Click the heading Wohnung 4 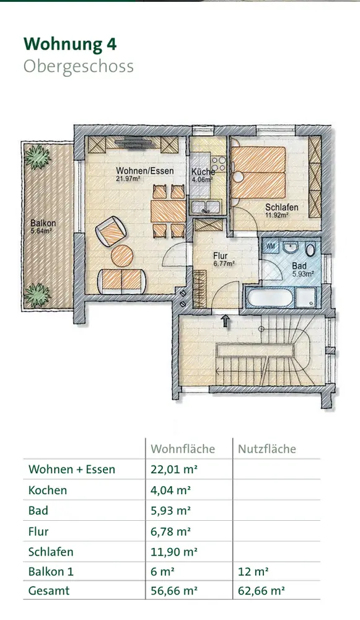coord(71,44)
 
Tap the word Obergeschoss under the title coord(79,67)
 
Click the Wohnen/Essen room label coord(144,171)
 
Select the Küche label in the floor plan coord(203,172)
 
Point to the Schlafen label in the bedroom coord(282,207)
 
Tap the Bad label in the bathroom coord(299,266)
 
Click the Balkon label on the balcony coord(43,223)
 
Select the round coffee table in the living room coord(122,256)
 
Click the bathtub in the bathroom coord(270,298)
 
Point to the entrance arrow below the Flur coord(226,321)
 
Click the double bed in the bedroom coord(258,172)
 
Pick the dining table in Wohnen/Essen coord(169,211)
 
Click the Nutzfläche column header coord(266,449)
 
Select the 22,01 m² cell coord(174,469)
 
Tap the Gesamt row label coord(49,591)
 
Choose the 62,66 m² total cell coord(261,591)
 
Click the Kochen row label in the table coord(48,490)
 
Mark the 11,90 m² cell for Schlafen coord(174,552)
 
